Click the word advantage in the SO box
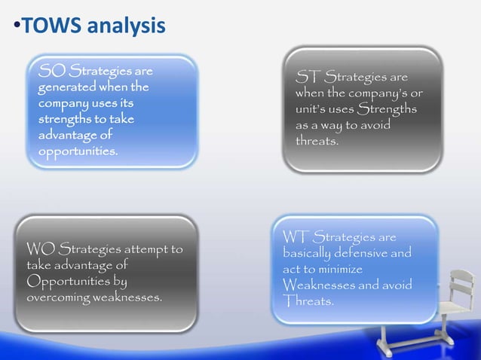[75, 136]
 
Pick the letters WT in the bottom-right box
[296, 238]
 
